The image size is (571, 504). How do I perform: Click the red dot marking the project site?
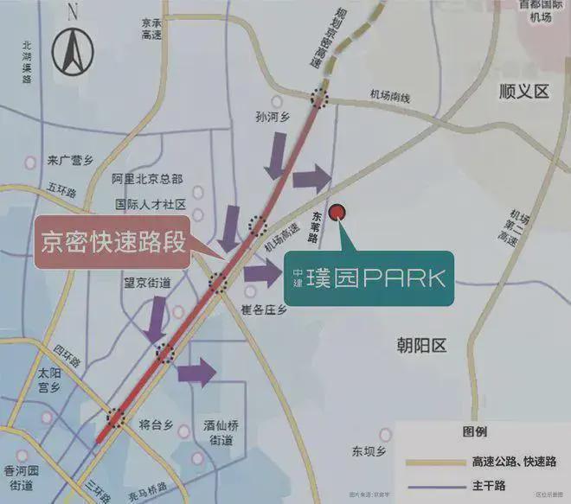click(x=339, y=211)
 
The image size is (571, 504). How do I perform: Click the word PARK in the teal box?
click(x=403, y=278)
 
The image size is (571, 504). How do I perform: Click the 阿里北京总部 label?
click(x=147, y=179)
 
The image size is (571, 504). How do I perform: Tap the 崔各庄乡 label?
click(x=264, y=309)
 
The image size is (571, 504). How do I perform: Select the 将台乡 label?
click(x=157, y=426)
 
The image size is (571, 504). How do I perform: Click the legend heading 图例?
click(x=475, y=431)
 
